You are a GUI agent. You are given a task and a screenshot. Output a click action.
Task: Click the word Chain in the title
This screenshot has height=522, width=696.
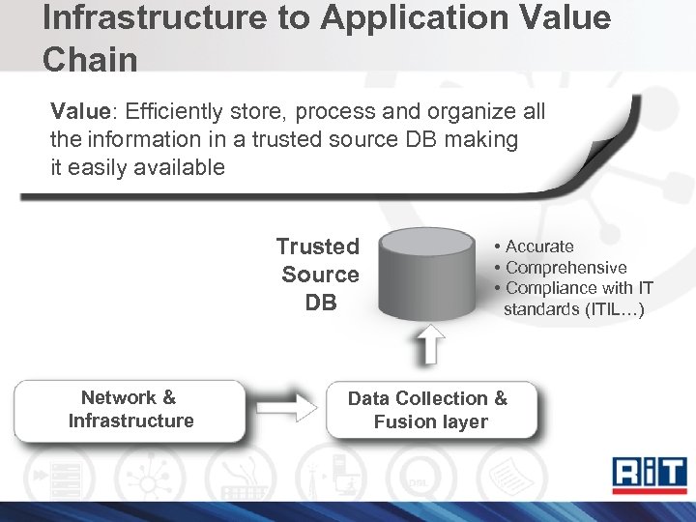coord(90,60)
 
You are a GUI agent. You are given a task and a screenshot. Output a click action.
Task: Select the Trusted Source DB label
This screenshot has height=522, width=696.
coord(319,275)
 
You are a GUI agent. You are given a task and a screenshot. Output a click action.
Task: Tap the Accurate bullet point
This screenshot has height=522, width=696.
coord(538,246)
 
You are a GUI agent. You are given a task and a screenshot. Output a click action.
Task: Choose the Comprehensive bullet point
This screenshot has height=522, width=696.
coord(565,268)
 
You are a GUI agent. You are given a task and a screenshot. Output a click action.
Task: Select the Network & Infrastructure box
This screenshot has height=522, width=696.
coord(130,410)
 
